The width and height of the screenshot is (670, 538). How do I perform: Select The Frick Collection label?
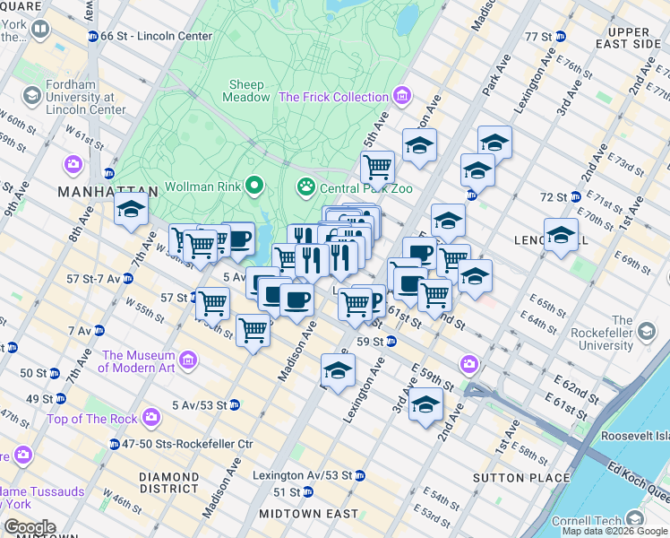[333, 97]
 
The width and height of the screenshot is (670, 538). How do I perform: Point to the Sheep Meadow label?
[247, 90]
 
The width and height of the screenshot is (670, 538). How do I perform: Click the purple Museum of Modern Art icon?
[188, 360]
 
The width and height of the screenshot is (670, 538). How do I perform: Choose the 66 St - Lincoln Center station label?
[157, 37]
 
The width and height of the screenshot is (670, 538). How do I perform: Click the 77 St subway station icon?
[561, 36]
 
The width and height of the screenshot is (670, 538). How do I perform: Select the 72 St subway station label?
[554, 196]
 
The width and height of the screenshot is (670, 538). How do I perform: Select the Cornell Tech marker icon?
[636, 518]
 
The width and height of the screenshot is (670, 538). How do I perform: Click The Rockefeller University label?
[589, 333]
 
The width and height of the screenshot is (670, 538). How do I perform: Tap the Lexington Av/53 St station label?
[302, 474]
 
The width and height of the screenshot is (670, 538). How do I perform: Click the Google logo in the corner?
[30, 527]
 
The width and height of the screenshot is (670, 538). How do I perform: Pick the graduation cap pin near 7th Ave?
[131, 211]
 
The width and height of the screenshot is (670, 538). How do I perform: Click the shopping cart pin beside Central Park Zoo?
[377, 166]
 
